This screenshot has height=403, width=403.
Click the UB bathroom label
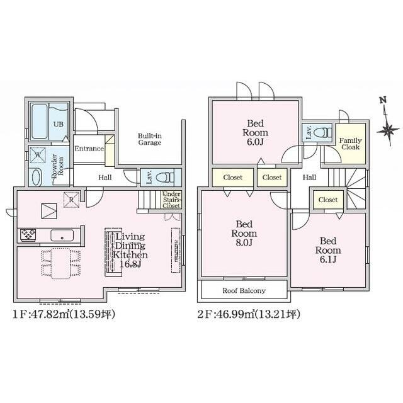59,124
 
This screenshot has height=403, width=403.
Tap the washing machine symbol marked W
38,155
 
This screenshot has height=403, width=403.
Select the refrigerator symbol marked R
71,200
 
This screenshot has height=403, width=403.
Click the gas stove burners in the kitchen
28,235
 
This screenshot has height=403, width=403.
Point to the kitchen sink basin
62,235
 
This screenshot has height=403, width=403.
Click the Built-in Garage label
150,139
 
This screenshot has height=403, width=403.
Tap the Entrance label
89,149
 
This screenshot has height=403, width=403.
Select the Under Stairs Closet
171,200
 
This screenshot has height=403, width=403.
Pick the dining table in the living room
60,263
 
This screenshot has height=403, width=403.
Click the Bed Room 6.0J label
255,133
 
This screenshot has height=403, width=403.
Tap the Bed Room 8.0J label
244,234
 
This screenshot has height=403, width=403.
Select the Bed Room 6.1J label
328,250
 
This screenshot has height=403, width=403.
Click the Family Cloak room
351,144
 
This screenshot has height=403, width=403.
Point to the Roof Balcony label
244,291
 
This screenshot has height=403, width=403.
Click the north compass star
388,130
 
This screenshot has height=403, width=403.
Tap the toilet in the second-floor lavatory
325,133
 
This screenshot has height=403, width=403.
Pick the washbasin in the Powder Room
37,177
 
